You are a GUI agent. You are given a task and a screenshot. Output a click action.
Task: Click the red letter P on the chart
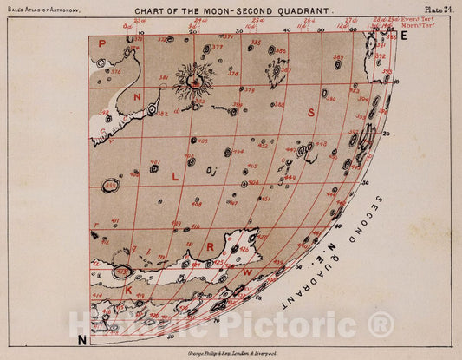(x=101, y=43)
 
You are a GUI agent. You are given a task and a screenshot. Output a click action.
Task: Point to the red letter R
(x=210, y=245)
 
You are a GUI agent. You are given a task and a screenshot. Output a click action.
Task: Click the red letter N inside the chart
(x=137, y=99)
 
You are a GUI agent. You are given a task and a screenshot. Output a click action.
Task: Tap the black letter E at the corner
(x=403, y=36)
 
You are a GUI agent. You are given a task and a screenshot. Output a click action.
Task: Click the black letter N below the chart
(x=81, y=338)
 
